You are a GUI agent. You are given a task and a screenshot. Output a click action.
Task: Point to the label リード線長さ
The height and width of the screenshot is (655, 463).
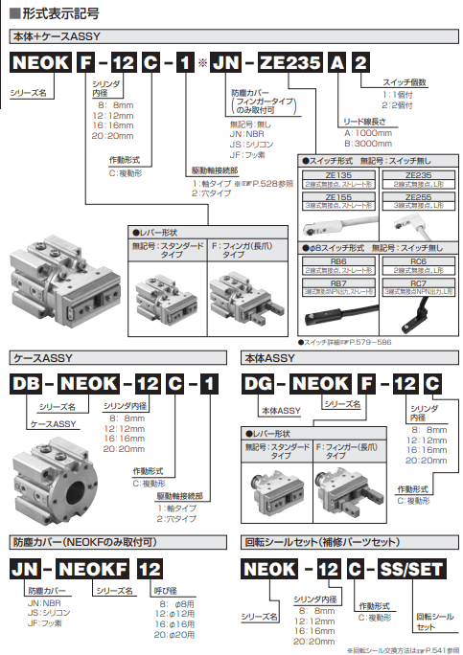pos(366,123)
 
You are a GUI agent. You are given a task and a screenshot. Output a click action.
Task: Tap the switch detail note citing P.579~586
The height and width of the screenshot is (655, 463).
pos(346,340)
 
